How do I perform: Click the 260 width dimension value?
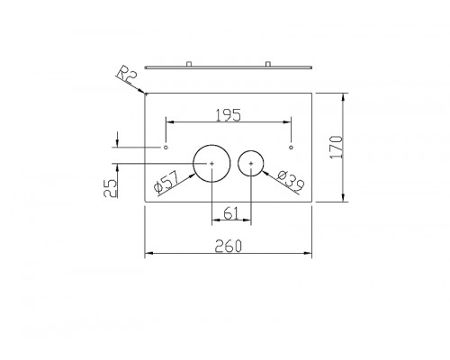(228, 247)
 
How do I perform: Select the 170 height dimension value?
(337, 147)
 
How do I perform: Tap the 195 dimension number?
(229, 115)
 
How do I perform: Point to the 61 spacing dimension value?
(231, 213)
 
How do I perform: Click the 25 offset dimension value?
(110, 188)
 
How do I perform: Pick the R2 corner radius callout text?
(127, 76)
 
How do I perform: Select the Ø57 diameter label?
(166, 182)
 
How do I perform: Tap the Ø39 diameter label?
(291, 181)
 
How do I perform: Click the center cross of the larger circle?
(211, 164)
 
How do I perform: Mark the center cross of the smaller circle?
(251, 164)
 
